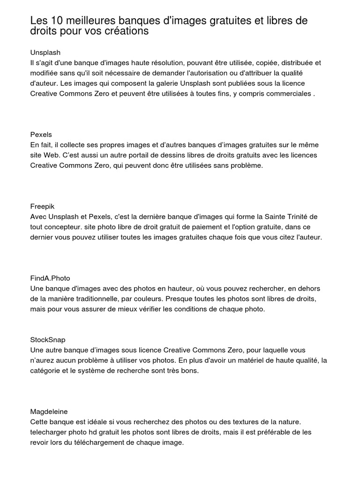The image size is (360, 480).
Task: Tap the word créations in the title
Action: pos(129,32)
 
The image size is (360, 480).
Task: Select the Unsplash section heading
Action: pos(45,52)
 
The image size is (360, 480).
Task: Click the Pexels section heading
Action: pos(41,135)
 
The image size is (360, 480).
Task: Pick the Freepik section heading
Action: pos(43,206)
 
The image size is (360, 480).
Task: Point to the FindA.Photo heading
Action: pos(50,278)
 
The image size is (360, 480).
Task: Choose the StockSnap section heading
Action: pos(48,340)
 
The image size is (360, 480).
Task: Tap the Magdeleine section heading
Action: pos(49,412)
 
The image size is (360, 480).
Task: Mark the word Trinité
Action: pos(302,217)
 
